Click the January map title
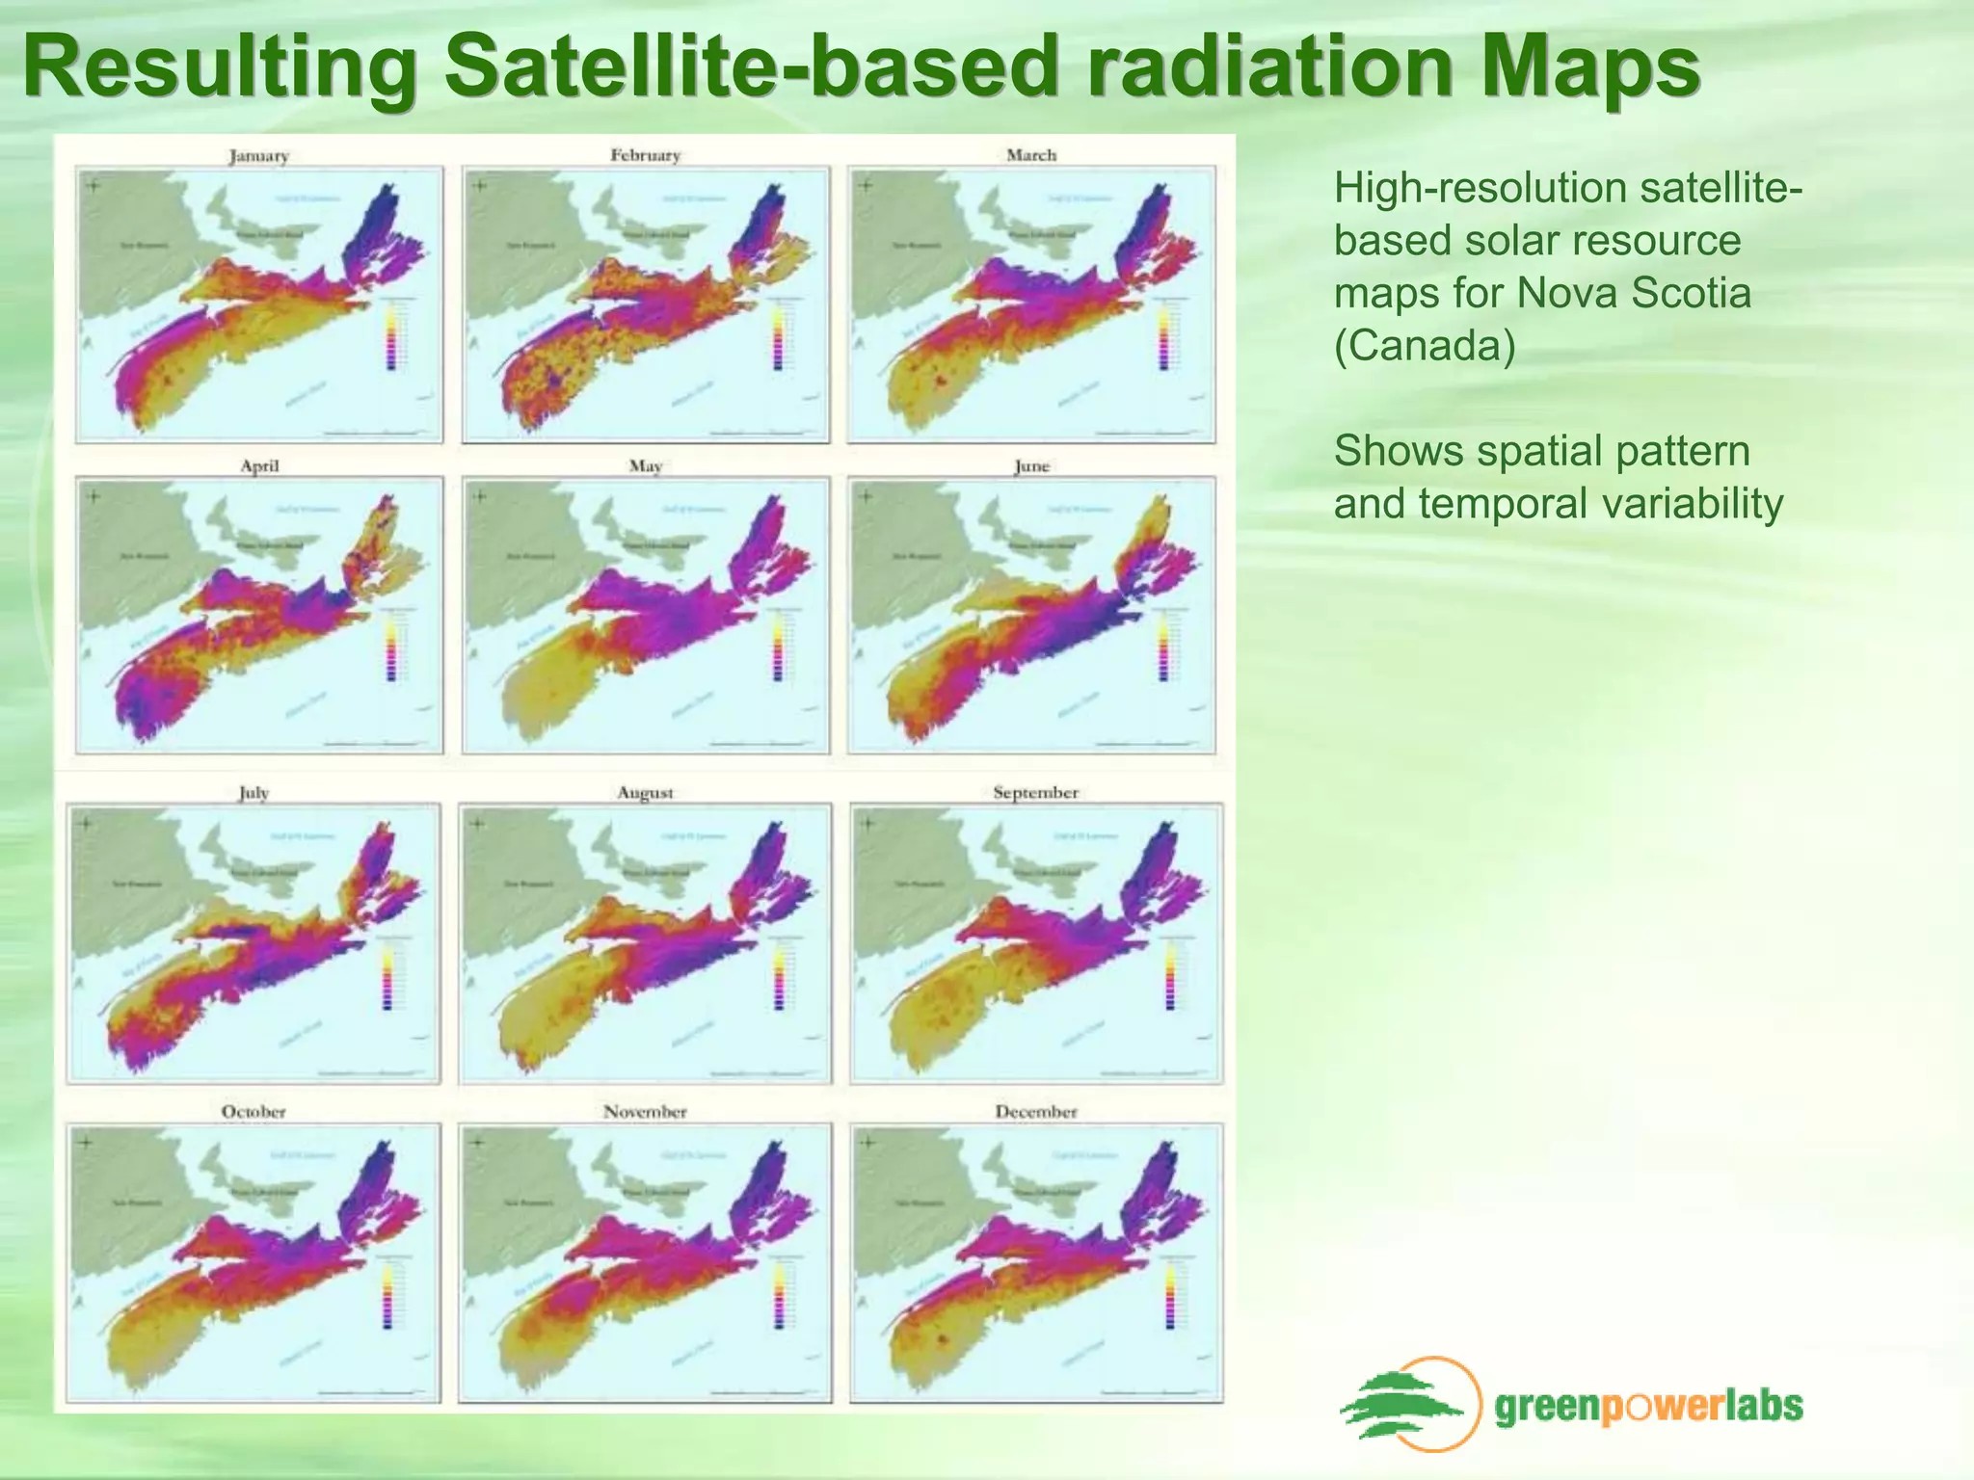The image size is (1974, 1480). click(x=258, y=155)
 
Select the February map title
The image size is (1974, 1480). click(x=645, y=155)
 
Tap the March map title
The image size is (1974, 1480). click(x=1031, y=155)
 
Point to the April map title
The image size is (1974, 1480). click(x=259, y=465)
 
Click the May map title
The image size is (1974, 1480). click(x=645, y=466)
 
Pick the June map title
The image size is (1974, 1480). click(x=1031, y=466)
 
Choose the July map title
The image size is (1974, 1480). click(x=253, y=793)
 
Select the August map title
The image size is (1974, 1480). click(x=645, y=793)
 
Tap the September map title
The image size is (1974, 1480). click(x=1035, y=793)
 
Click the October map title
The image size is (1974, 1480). click(x=253, y=1112)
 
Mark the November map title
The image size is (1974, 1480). click(x=645, y=1112)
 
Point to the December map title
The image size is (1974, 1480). click(x=1035, y=1112)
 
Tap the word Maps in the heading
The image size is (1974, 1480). click(x=1590, y=67)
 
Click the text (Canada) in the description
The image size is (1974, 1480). click(x=1425, y=345)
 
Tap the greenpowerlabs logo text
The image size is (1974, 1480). click(x=1648, y=1407)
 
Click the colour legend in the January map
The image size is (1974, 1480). click(x=391, y=336)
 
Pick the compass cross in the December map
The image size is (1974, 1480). click(x=867, y=1143)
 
